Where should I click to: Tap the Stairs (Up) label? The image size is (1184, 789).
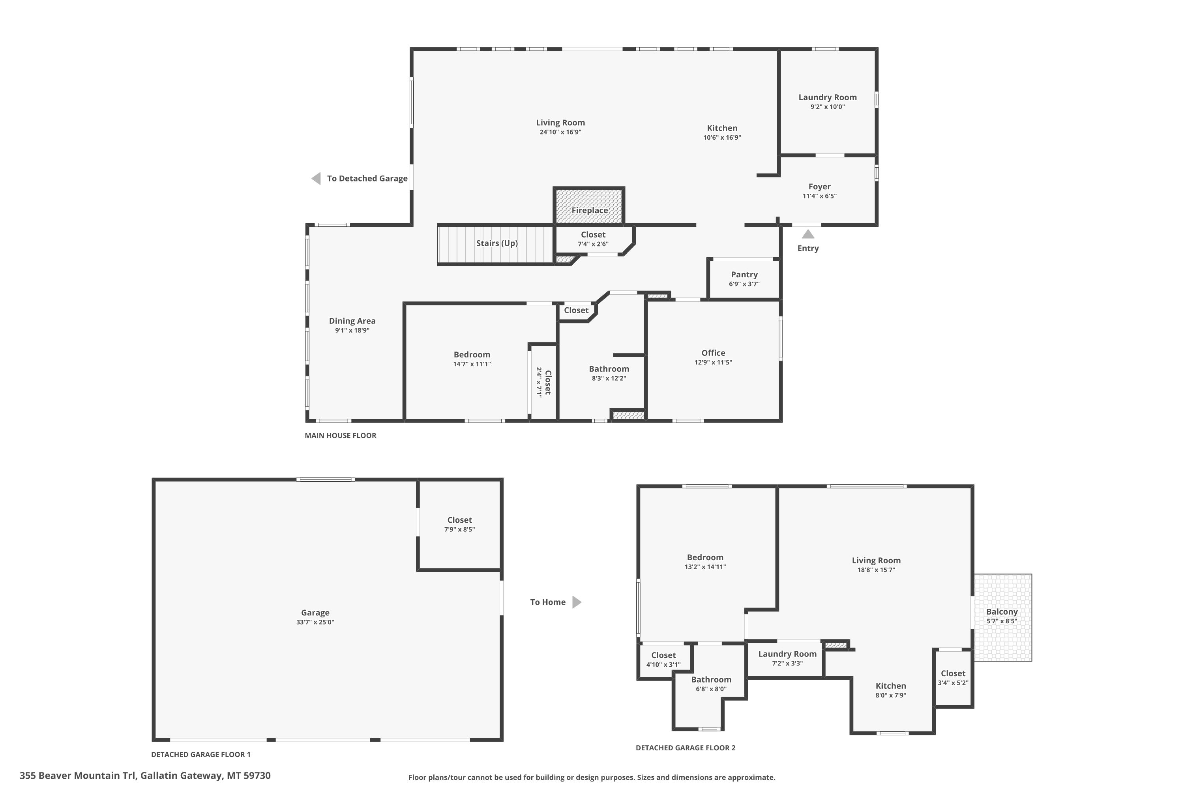click(x=497, y=243)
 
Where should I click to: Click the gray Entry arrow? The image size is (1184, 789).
click(x=808, y=234)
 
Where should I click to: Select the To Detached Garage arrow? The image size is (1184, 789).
click(x=316, y=178)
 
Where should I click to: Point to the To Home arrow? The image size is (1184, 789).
click(x=577, y=602)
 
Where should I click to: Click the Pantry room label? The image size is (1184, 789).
click(x=744, y=275)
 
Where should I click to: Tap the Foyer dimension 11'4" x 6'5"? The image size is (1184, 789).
click(x=820, y=196)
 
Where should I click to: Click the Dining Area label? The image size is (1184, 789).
click(x=352, y=321)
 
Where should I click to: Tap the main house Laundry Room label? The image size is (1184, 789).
click(x=828, y=97)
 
